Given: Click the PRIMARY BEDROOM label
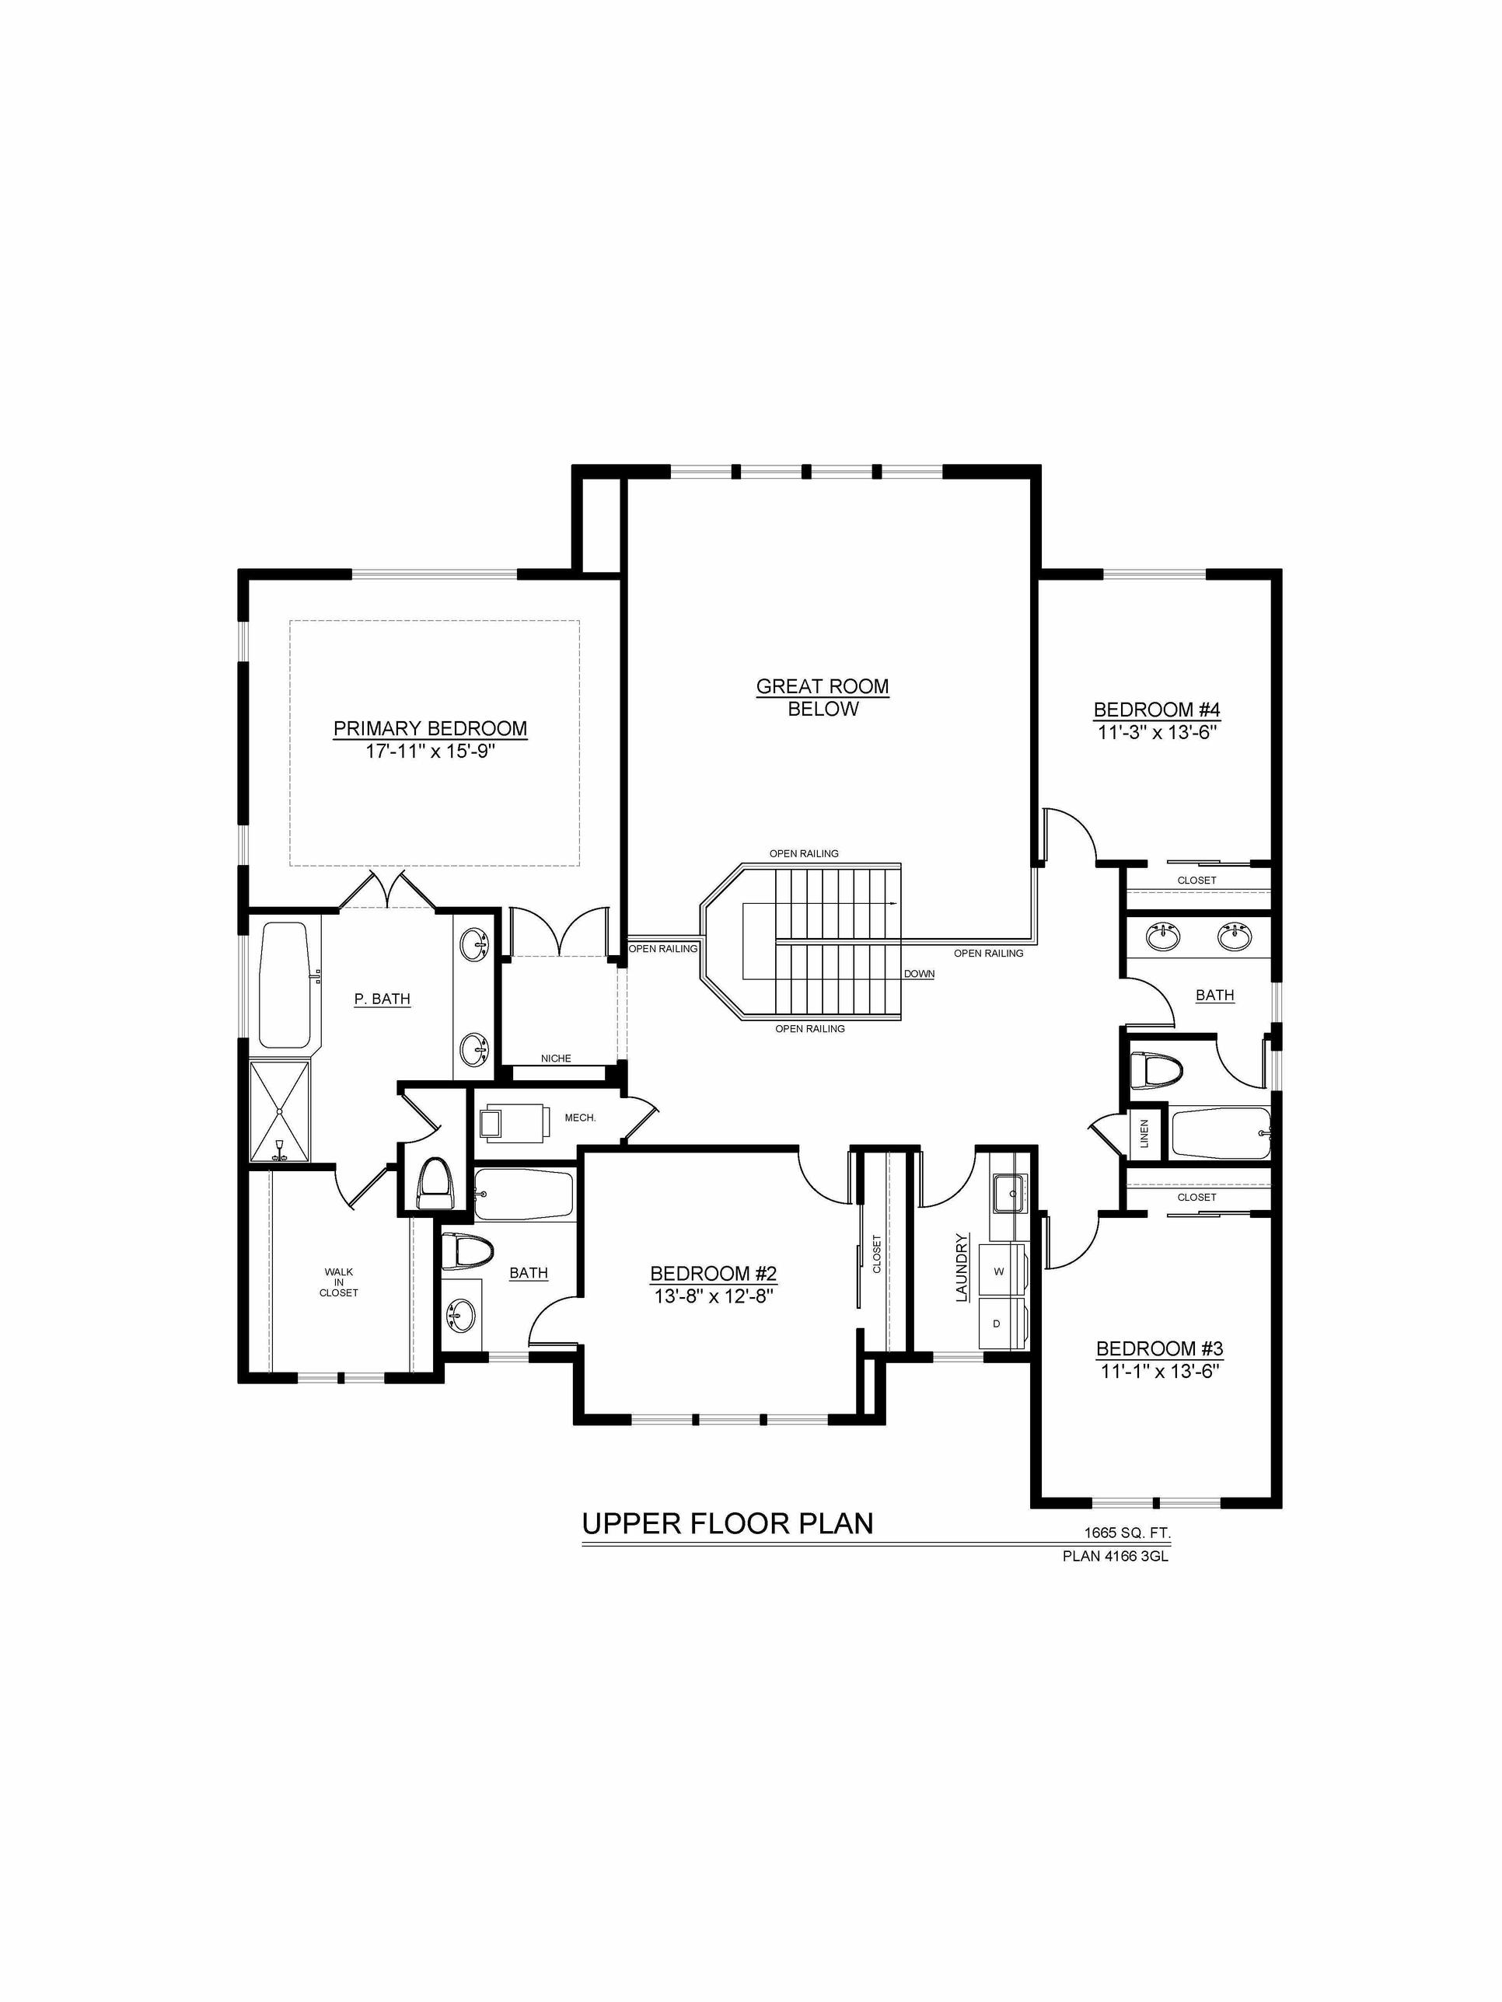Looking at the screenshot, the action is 430,728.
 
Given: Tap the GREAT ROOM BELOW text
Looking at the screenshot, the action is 823,698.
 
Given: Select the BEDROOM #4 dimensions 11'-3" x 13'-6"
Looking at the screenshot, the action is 1157,733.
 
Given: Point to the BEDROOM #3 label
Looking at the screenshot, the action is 1160,1348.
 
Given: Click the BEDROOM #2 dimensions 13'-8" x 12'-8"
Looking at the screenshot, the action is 714,1296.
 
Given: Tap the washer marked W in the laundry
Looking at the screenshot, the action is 1000,1271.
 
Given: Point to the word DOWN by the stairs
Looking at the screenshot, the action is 919,974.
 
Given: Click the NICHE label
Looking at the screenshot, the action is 556,1058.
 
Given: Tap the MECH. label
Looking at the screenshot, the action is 580,1118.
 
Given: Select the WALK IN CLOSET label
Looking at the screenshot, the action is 339,1282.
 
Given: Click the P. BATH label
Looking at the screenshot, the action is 382,999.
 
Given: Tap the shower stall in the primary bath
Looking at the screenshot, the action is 280,1111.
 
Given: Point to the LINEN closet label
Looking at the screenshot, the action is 1144,1133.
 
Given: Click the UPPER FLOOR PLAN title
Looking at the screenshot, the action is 728,1523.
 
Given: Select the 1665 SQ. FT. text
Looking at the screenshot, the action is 1128,1533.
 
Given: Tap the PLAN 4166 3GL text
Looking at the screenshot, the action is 1116,1557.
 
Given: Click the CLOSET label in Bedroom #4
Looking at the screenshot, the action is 1197,880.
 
